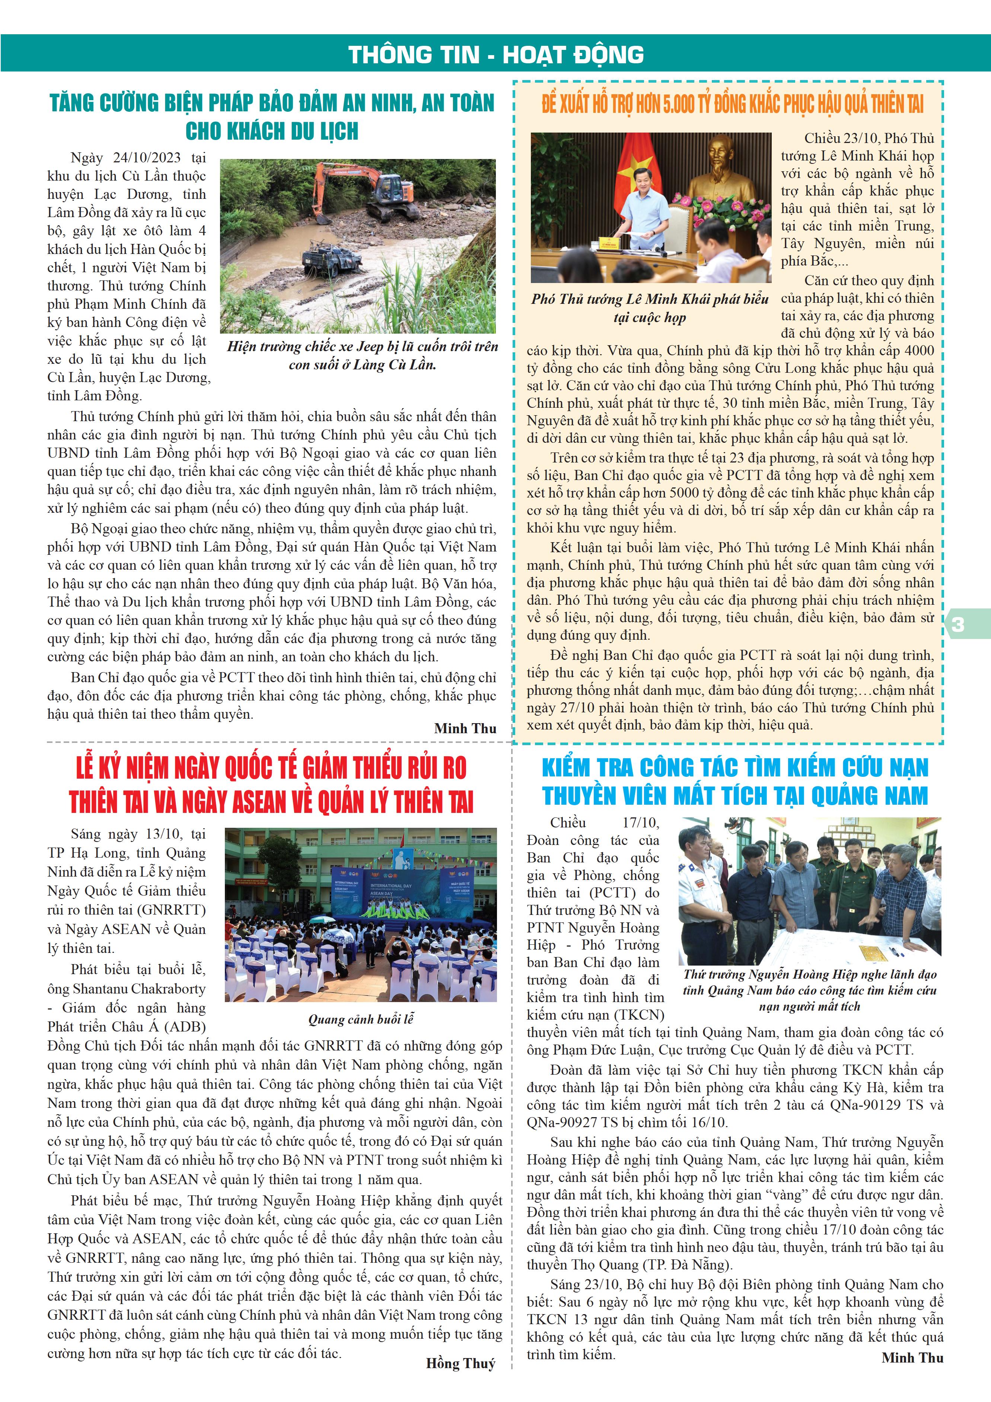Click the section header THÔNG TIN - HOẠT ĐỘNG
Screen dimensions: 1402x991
[496, 54]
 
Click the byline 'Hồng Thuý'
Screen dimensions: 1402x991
[461, 1364]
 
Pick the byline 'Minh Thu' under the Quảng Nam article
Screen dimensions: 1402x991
[912, 1357]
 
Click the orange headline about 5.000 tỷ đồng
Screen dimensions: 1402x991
[732, 104]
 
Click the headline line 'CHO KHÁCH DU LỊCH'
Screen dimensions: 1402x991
[272, 131]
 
